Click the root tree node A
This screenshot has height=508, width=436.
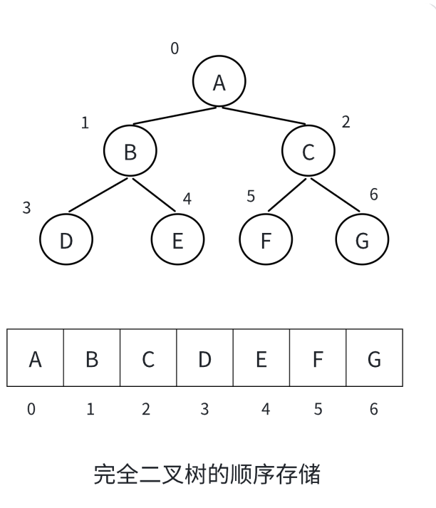pos(219,82)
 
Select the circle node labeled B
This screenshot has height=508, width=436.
pos(130,151)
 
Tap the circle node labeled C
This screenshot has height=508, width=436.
pos(308,151)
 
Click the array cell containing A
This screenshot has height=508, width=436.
pos(35,359)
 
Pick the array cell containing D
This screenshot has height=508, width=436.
pos(204,359)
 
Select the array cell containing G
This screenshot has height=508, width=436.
pos(374,359)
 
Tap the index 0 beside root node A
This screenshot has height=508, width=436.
pos(175,48)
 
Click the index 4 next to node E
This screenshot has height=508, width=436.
pos(187,199)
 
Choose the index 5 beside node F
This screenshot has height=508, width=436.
pos(251,197)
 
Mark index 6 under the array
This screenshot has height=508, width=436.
pos(374,410)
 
